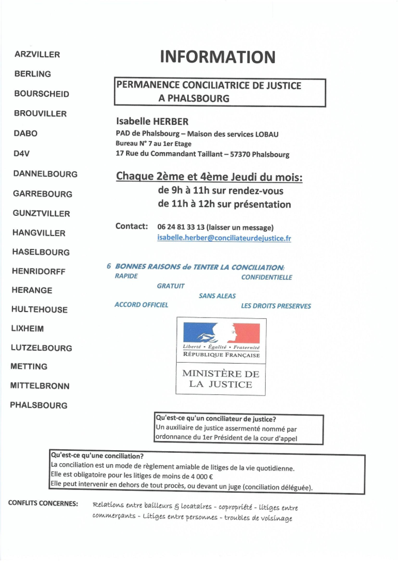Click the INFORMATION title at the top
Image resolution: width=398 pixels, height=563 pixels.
click(218, 56)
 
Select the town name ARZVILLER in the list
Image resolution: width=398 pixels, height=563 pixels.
click(37, 54)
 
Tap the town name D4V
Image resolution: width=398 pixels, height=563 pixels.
click(21, 154)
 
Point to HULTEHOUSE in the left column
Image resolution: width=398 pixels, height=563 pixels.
click(39, 309)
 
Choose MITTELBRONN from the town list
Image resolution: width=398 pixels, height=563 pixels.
click(40, 386)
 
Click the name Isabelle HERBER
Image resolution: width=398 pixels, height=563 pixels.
click(152, 122)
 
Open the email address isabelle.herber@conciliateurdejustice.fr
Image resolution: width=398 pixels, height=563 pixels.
click(224, 238)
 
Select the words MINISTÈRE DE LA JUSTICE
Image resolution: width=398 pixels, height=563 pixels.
click(221, 379)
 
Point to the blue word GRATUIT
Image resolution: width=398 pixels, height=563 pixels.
click(171, 286)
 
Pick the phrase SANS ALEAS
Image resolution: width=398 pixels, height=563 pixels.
click(217, 296)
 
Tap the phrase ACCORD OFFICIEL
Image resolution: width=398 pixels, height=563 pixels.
click(141, 305)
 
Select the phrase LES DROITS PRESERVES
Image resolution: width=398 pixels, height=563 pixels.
click(275, 306)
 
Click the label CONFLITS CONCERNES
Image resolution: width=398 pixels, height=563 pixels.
click(43, 503)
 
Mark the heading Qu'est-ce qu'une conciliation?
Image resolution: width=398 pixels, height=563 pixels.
click(97, 456)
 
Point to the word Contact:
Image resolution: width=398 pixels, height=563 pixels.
click(132, 226)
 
